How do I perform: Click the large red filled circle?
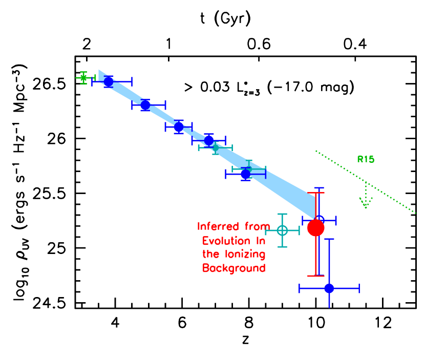click(x=316, y=228)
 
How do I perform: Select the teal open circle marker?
click(x=282, y=230)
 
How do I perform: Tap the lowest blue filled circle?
click(x=329, y=288)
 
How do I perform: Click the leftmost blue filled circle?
click(x=109, y=81)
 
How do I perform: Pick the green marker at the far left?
click(x=83, y=78)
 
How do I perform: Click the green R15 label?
click(x=366, y=159)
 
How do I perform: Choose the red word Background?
click(x=234, y=268)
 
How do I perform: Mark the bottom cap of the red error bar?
click(x=316, y=276)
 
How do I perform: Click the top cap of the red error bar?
click(x=316, y=193)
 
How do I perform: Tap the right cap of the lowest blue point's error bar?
click(x=359, y=288)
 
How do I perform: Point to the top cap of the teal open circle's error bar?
click(x=282, y=214)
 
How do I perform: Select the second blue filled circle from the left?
click(x=145, y=105)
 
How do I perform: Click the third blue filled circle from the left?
click(x=179, y=126)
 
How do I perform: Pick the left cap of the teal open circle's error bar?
click(x=266, y=230)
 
